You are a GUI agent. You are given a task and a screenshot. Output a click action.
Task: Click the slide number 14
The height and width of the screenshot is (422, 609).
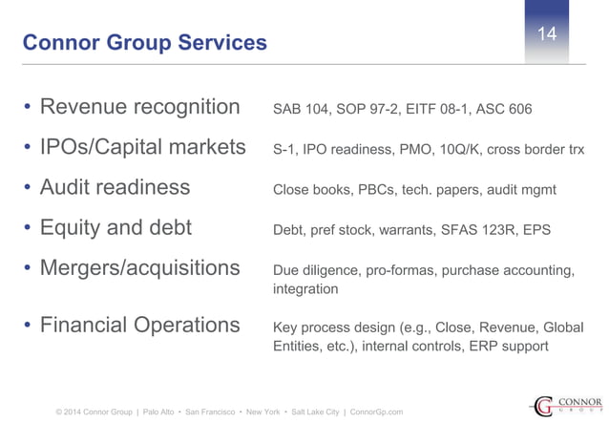pos(547,35)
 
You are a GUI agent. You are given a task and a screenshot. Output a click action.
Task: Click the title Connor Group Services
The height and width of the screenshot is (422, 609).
pos(144,43)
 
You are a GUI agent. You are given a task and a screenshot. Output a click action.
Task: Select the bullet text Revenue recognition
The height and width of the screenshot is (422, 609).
pos(139,106)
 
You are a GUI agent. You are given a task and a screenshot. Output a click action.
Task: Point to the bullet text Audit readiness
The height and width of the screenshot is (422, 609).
pos(115,187)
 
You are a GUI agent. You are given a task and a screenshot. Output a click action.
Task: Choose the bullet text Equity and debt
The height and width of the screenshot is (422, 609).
pos(115,228)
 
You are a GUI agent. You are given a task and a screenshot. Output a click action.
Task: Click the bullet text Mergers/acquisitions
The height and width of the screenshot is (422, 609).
pos(139,268)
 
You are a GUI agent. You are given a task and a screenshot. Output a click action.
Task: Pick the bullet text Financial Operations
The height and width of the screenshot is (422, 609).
pos(139,325)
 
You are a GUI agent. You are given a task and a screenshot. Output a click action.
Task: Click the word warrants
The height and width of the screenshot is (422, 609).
pos(402,230)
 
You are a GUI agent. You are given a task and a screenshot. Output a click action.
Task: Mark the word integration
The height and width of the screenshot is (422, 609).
pos(305,288)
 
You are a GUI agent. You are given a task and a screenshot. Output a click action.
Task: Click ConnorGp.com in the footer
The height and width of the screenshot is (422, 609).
pos(377,411)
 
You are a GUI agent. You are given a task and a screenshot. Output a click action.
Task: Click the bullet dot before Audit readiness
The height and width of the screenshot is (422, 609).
pos(28,188)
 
